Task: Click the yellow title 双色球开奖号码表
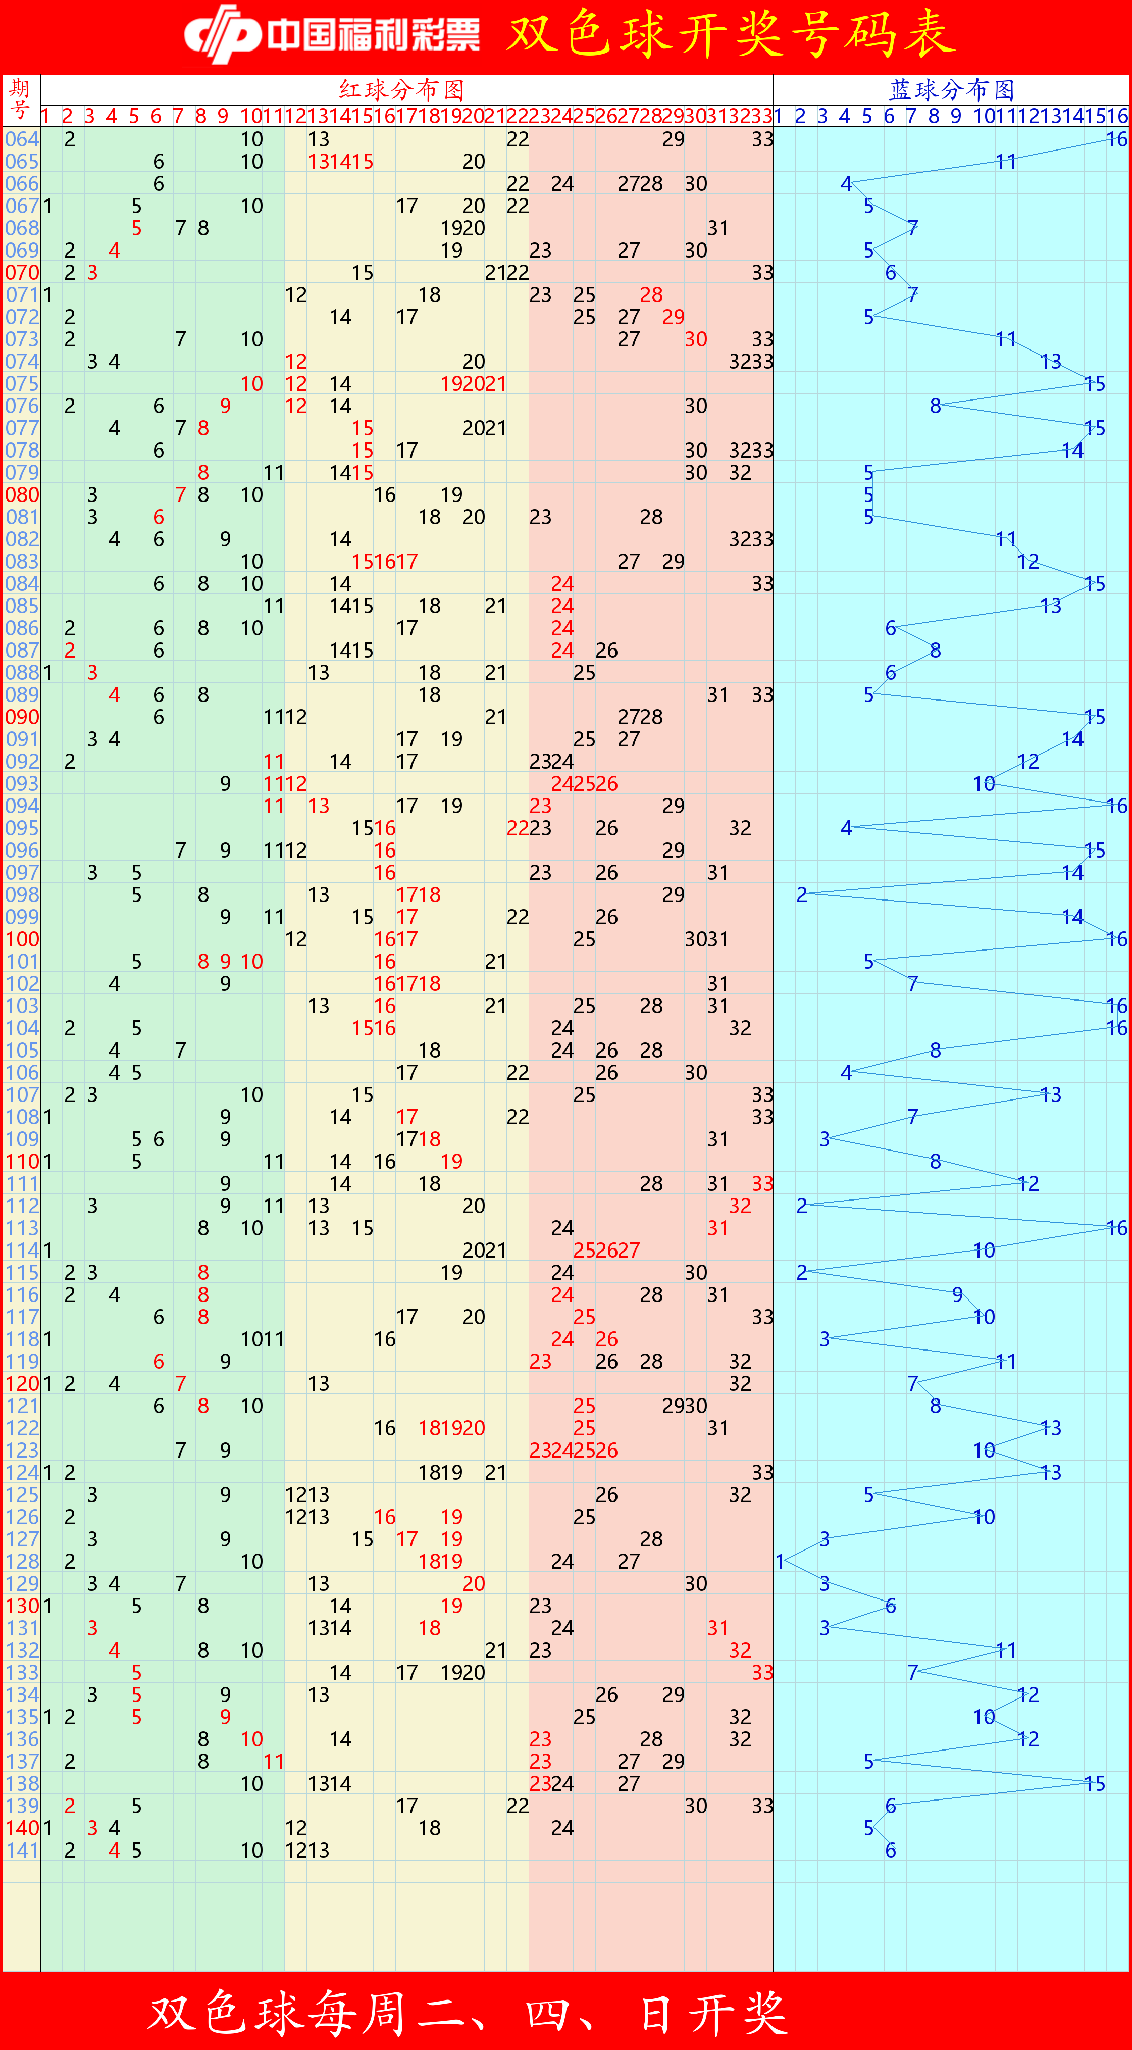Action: click(x=730, y=35)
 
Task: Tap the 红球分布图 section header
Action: click(x=402, y=89)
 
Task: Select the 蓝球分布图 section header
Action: click(x=951, y=89)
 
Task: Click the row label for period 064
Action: click(x=22, y=139)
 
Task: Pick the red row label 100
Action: click(x=22, y=939)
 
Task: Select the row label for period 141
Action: click(x=22, y=1850)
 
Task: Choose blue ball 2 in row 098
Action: click(x=802, y=894)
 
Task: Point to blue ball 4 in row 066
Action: click(x=846, y=184)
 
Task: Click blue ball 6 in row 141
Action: click(x=890, y=1850)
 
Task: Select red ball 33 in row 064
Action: click(x=762, y=139)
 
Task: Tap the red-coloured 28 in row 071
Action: click(x=651, y=294)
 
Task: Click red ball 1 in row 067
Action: click(x=48, y=206)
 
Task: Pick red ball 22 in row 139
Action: click(x=517, y=1806)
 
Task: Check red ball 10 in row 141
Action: click(x=251, y=1850)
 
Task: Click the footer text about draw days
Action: click(x=468, y=2012)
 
